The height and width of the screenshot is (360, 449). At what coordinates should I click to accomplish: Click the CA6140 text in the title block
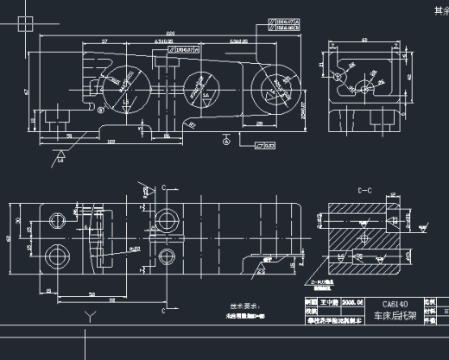click(394, 304)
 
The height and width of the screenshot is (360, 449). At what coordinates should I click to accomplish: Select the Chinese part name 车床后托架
click(394, 316)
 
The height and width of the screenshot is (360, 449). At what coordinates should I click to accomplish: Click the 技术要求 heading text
click(244, 306)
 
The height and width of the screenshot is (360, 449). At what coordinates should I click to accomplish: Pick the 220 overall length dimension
click(170, 34)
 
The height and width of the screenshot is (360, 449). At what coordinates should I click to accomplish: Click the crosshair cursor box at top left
click(27, 27)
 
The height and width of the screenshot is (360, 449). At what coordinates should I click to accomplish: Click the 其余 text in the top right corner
click(440, 10)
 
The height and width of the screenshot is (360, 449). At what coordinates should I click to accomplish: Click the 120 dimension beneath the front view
click(112, 142)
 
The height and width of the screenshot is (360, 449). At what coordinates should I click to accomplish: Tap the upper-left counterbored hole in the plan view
click(57, 218)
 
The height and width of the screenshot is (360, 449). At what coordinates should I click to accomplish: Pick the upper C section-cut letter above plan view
click(163, 186)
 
